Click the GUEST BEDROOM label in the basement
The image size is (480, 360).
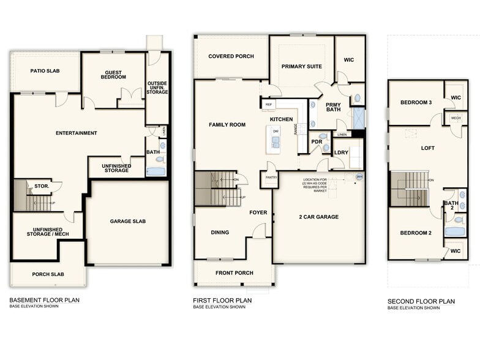(114, 74)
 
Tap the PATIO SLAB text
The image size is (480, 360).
(43, 71)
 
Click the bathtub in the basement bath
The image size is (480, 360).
(156, 171)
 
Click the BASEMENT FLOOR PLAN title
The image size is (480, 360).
(44, 300)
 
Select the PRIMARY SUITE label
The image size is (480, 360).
(301, 66)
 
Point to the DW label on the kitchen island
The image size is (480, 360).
(276, 131)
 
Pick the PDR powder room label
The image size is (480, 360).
(317, 141)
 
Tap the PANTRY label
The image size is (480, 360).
(271, 178)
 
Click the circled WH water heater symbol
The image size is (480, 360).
(359, 177)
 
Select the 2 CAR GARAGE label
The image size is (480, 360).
(318, 217)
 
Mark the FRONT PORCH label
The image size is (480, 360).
(234, 272)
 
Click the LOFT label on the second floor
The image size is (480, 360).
(427, 148)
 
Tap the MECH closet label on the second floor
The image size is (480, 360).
(455, 118)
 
